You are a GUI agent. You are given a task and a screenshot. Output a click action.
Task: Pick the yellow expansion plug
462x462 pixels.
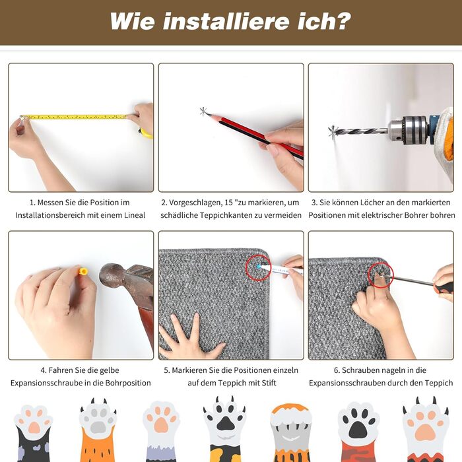point(83,271)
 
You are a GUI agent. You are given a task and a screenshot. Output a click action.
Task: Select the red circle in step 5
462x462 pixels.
point(258,267)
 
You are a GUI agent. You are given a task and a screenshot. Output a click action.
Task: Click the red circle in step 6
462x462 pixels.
point(380,275)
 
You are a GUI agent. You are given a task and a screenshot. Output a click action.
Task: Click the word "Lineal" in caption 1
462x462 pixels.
point(135,215)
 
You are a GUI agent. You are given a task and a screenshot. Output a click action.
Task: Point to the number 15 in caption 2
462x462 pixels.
point(228,203)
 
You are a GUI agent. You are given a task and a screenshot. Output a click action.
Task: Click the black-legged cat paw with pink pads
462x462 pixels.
point(33,432)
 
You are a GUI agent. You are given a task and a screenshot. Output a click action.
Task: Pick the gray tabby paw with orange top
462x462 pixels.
point(290,432)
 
